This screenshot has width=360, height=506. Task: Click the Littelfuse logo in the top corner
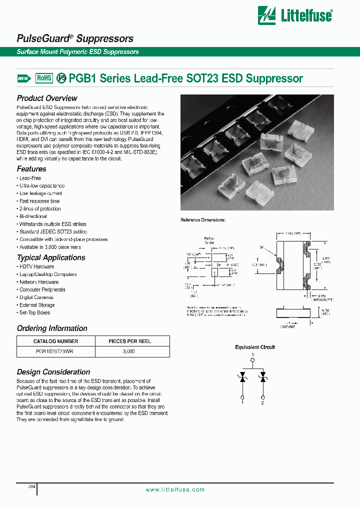click(294, 15)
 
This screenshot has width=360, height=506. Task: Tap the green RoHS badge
click(44, 78)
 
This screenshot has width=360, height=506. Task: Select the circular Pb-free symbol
click(61, 78)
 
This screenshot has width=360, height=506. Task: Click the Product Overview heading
click(47, 98)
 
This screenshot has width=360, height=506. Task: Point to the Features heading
click(31, 169)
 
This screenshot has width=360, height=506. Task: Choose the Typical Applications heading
click(51, 257)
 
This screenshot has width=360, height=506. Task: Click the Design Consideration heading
click(53, 372)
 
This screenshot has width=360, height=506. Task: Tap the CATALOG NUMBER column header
click(55, 341)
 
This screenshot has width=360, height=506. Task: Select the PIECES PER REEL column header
click(130, 341)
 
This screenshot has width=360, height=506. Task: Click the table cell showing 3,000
click(129, 351)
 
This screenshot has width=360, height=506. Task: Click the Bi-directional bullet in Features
click(33, 216)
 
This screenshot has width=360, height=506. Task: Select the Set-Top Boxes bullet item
click(34, 312)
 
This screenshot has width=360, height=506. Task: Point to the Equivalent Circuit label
click(255, 347)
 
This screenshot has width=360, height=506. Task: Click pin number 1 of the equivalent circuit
click(242, 402)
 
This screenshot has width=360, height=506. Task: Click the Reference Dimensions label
click(203, 220)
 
